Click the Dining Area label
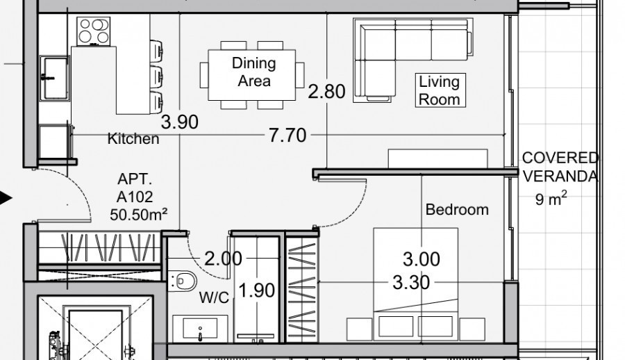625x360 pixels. click(x=253, y=72)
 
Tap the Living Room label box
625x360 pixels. click(x=439, y=90)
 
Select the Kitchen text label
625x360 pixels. click(x=133, y=139)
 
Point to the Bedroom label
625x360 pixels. click(x=457, y=209)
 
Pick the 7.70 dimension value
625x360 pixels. click(x=287, y=135)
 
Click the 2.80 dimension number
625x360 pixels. click(x=326, y=91)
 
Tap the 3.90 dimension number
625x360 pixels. click(x=179, y=123)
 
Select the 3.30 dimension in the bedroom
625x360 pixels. click(x=410, y=283)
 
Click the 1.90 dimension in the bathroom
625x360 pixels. click(x=257, y=291)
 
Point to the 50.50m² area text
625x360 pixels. click(x=139, y=214)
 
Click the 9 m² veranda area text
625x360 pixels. click(x=551, y=200)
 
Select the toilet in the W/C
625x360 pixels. click(x=183, y=281)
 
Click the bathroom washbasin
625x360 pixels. click(x=200, y=327)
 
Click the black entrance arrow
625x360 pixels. click(x=6, y=199)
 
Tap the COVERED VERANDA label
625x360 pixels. click(x=560, y=167)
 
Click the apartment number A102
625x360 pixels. click(x=135, y=197)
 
